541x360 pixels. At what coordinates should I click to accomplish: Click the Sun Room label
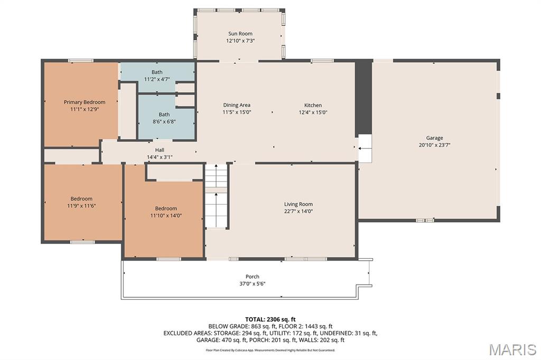tap(240, 33)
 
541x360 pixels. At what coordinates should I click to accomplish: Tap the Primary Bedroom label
tap(85, 102)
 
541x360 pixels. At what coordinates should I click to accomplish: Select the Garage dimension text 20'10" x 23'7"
tap(434, 145)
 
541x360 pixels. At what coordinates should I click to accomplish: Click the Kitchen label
tap(313, 105)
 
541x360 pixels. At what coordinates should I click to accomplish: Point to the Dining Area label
tap(237, 105)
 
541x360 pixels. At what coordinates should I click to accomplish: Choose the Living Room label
tap(299, 204)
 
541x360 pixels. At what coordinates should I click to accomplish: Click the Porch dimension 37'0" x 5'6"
tap(252, 283)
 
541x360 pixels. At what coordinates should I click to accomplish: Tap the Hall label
tap(160, 150)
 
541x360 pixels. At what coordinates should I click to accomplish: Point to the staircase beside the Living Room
tap(216, 195)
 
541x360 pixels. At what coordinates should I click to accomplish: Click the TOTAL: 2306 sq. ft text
tap(270, 319)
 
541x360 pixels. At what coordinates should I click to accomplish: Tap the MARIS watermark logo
tap(512, 349)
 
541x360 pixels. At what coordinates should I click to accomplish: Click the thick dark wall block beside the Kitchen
tap(363, 97)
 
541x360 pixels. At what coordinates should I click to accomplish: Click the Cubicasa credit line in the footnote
tap(270, 350)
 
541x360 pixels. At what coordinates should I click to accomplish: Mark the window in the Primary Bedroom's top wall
tap(80, 61)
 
